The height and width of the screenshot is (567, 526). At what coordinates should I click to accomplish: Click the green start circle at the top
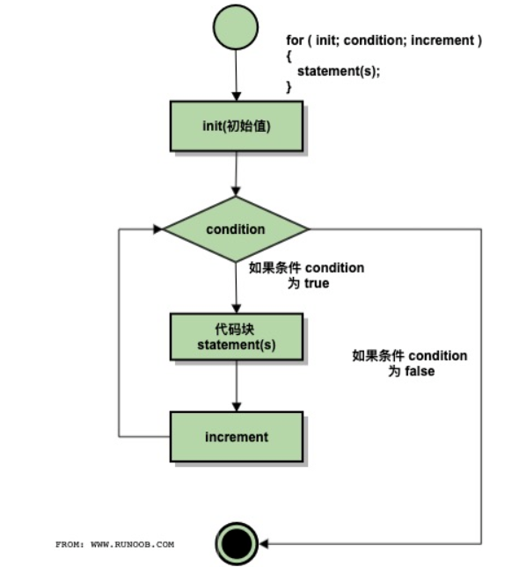tap(236, 29)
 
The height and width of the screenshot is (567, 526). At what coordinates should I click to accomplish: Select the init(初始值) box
tap(236, 125)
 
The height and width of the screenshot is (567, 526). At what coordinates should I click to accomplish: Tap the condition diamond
tap(236, 229)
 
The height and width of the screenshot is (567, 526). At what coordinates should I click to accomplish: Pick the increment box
tap(236, 436)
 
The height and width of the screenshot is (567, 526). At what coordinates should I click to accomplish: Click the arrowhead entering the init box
tap(236, 96)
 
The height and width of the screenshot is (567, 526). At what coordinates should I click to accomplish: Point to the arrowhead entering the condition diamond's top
tap(236, 192)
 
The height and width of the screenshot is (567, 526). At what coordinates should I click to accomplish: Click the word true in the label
tap(316, 284)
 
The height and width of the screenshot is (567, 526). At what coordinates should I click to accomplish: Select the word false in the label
tap(420, 371)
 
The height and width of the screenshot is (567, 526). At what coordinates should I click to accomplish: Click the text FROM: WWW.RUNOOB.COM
tap(114, 544)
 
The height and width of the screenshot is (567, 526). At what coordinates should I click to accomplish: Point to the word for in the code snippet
tap(295, 40)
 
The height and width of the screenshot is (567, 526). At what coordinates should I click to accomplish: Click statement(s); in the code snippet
tap(339, 70)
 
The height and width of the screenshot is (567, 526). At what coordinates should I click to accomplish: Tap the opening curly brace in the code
tap(289, 55)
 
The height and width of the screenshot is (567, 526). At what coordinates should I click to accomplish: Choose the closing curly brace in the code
tap(289, 85)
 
